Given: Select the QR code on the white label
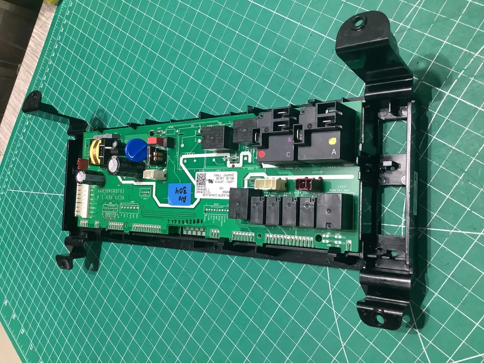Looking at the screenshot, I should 201,180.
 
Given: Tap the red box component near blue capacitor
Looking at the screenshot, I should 154,141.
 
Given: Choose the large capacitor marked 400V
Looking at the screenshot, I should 115,166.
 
